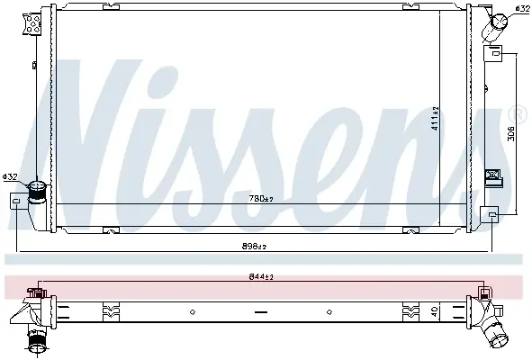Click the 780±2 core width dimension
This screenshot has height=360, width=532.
pyautogui.click(x=261, y=199)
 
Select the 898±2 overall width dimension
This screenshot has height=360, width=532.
pyautogui.click(x=254, y=247)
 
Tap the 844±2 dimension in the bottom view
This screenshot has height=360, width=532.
pyautogui.click(x=261, y=277)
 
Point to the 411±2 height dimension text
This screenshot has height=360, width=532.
pyautogui.click(x=435, y=118)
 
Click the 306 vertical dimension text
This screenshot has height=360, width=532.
pyautogui.click(x=511, y=133)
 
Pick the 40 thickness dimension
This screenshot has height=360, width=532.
pyautogui.click(x=435, y=310)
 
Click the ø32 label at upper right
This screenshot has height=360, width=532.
pyautogui.click(x=522, y=8)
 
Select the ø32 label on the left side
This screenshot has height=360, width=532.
pyautogui.click(x=10, y=176)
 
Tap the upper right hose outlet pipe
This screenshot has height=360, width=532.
pyautogui.click(x=495, y=25)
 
